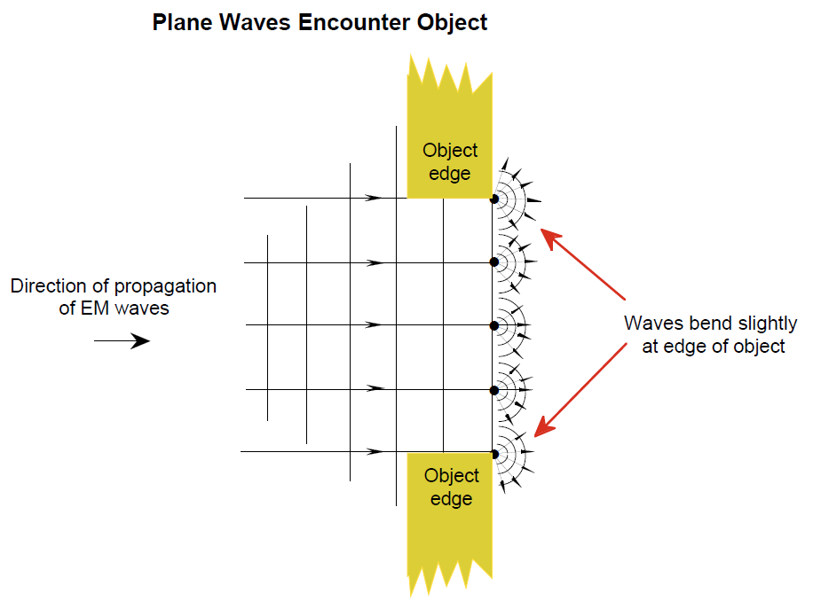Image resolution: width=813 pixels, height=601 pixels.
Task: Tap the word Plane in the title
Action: click(x=183, y=23)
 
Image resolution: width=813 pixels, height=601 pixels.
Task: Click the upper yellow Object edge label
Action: click(x=449, y=161)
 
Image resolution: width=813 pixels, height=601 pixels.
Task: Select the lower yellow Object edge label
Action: click(x=451, y=488)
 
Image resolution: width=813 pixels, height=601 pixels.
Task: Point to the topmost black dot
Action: click(x=494, y=199)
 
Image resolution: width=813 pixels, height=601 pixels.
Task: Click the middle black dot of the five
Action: click(x=494, y=325)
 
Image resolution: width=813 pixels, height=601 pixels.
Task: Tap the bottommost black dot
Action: click(x=494, y=454)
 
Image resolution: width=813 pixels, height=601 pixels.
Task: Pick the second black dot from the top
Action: click(x=494, y=261)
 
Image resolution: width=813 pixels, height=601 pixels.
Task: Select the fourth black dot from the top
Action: click(x=494, y=390)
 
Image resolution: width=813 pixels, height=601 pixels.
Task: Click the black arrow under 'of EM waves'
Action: click(x=122, y=341)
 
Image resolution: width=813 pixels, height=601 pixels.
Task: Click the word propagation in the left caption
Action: click(x=165, y=286)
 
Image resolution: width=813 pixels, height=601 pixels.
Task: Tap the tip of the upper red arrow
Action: click(x=541, y=230)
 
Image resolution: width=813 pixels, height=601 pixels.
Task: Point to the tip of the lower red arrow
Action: click(x=535, y=436)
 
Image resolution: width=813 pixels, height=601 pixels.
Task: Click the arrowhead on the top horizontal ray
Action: click(x=374, y=198)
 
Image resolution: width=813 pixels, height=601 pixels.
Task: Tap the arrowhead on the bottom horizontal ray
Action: click(x=375, y=452)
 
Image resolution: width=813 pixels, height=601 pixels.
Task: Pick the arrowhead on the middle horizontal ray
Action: click(x=374, y=325)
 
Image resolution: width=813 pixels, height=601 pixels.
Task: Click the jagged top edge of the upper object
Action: click(x=449, y=75)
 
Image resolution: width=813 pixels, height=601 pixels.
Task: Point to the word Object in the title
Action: click(x=452, y=23)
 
